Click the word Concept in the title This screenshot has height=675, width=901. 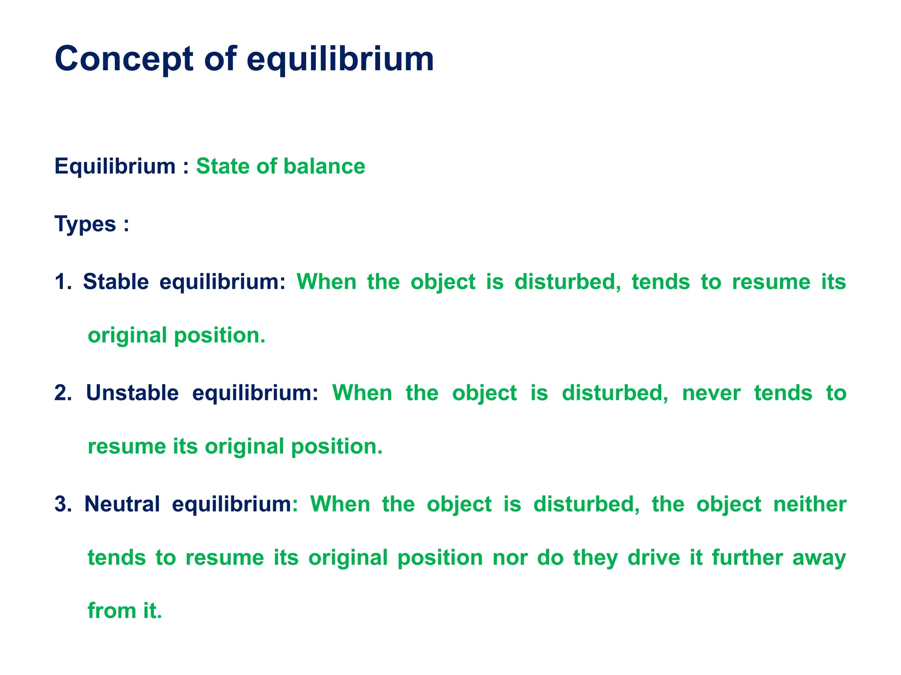[x=124, y=59]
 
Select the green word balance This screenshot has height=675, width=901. [x=324, y=167]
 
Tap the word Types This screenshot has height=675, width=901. [x=85, y=224]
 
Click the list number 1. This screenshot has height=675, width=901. [x=62, y=282]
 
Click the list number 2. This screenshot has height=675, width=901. [x=62, y=393]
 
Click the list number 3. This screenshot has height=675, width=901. [x=62, y=504]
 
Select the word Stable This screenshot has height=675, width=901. [x=116, y=282]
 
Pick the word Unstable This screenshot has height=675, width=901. [x=132, y=393]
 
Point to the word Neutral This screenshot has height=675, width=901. [x=122, y=504]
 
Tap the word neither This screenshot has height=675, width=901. [x=810, y=504]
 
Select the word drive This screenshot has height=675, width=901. [x=653, y=558]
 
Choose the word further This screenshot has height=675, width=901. [x=747, y=558]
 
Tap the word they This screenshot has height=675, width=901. [x=595, y=558]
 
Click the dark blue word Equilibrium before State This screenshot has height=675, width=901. [x=115, y=167]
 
